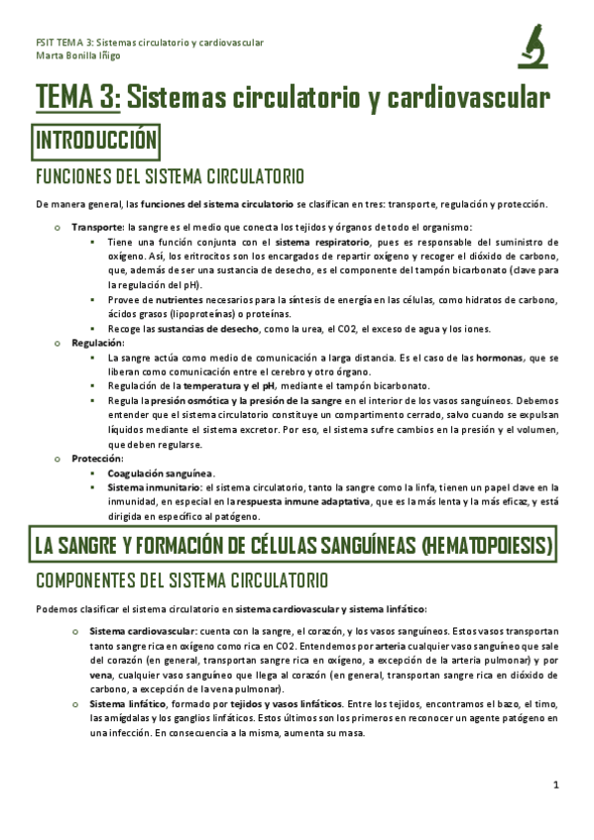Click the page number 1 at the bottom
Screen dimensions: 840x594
pos(556,785)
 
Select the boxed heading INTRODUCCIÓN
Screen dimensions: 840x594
pos(96,141)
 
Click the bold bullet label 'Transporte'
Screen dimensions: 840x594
pos(95,228)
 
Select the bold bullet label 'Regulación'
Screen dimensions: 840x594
pos(95,342)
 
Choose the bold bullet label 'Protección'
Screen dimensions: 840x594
pos(95,459)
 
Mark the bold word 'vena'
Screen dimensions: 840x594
pos(102,674)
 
